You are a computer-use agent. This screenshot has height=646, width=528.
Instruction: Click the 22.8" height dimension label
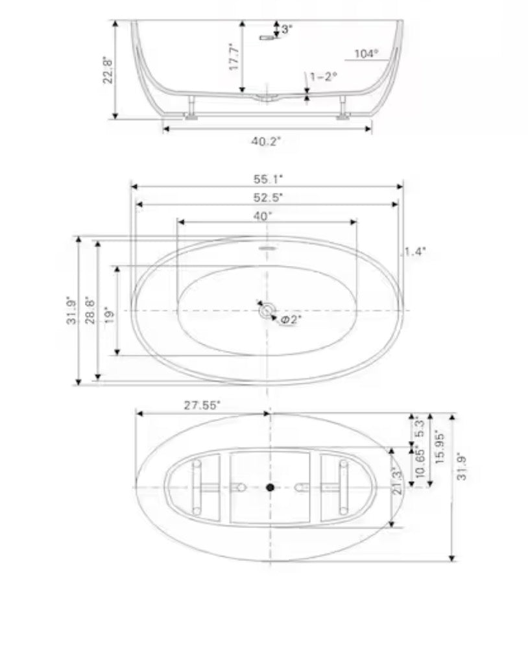(108, 70)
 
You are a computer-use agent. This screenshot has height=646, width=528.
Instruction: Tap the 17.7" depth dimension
(234, 57)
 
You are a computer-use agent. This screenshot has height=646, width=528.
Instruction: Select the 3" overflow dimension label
(287, 29)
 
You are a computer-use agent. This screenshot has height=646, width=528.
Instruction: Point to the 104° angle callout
(366, 54)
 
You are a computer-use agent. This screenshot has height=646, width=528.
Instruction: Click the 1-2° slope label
(324, 77)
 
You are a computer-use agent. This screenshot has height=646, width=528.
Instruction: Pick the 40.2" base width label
(266, 141)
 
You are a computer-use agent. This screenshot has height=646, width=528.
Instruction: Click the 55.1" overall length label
(268, 179)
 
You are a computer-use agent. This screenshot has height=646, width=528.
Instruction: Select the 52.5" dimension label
(268, 198)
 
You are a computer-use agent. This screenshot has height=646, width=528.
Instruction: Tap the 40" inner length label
(263, 216)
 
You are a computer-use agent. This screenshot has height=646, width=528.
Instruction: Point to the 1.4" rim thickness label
(414, 252)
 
